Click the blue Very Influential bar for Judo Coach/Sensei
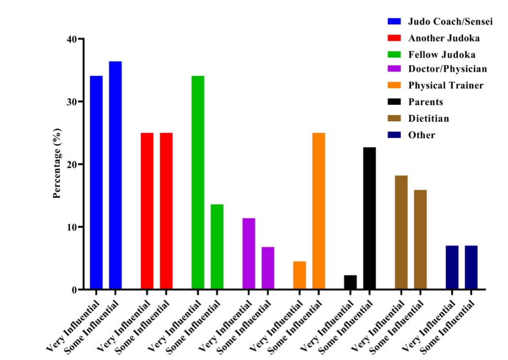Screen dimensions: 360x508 pos(96,183)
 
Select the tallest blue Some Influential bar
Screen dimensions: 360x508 pos(115,175)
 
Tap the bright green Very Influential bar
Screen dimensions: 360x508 pos(198,183)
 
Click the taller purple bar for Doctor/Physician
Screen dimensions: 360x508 pos(248,254)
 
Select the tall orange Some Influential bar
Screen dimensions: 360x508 pos(318,211)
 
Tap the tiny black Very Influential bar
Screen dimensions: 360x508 pos(350,282)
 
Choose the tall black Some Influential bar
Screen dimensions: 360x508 pos(370,218)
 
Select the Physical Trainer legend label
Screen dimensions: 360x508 pos(446,85)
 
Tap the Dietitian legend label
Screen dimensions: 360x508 pos(428,119)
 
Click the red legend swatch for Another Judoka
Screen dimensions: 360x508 pos(394,38)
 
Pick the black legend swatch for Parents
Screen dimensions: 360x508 pos(394,101)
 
